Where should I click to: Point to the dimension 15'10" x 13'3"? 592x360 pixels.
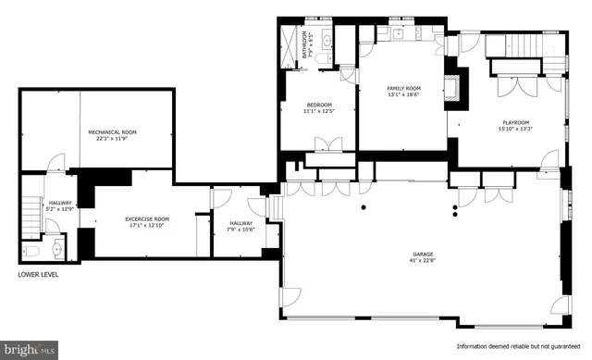click(515, 130)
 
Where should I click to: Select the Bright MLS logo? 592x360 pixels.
click(30, 350)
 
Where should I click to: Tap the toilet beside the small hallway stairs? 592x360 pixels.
click(31, 251)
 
